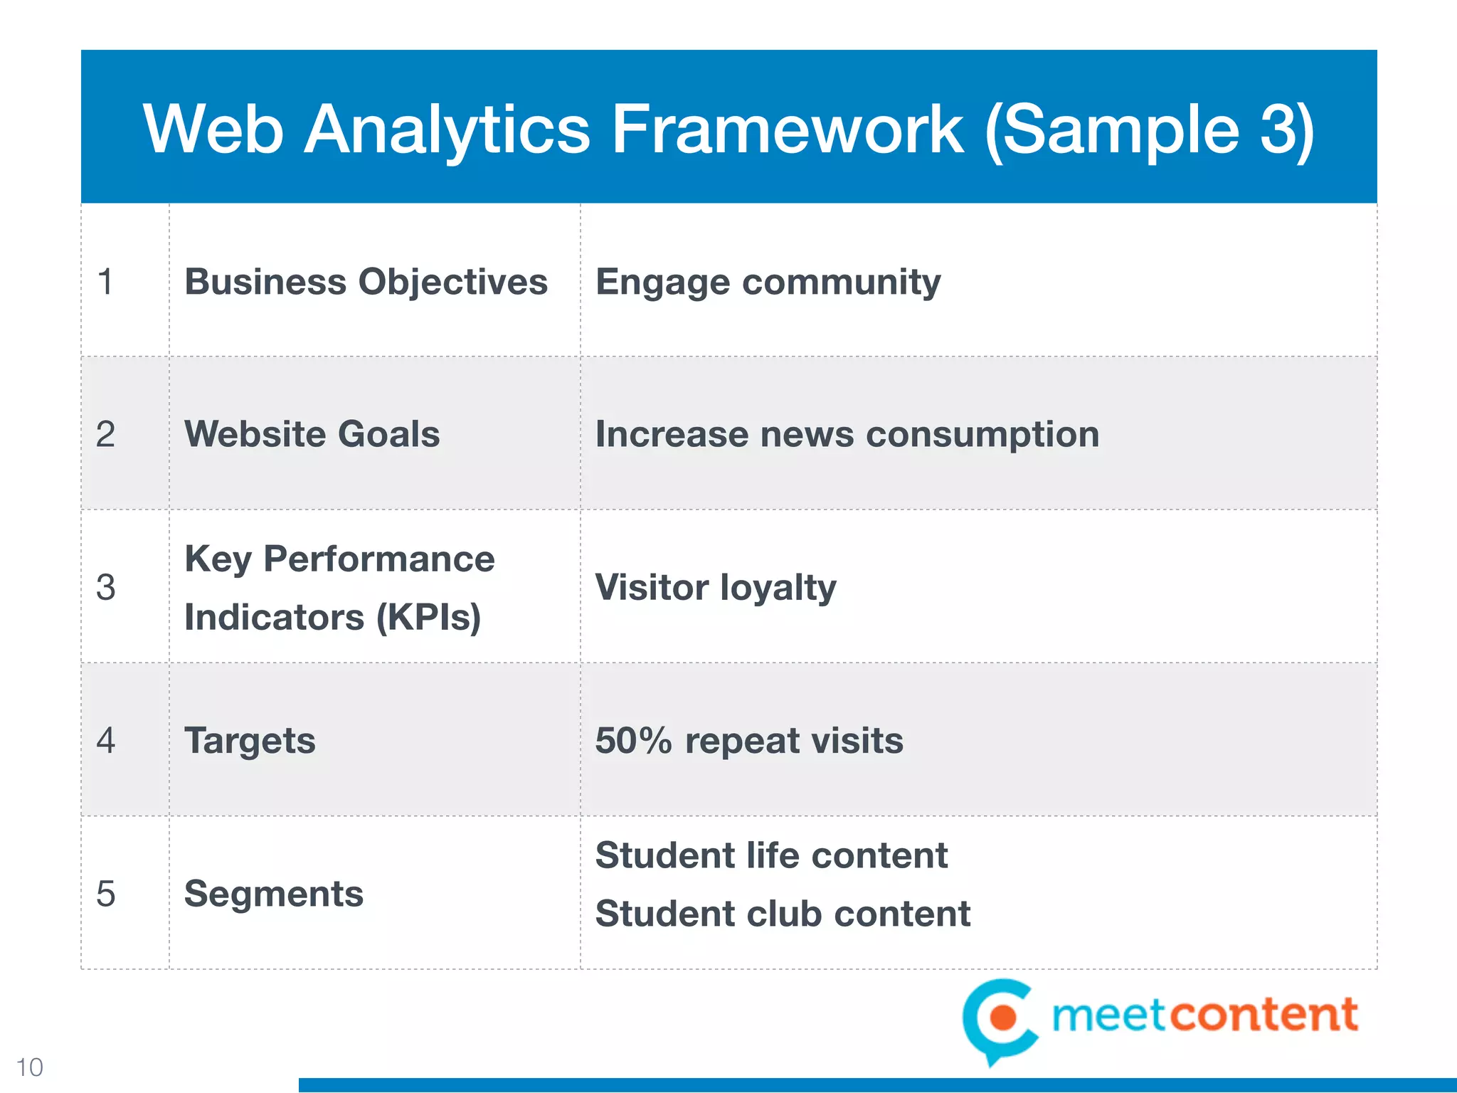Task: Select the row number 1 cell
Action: tap(105, 282)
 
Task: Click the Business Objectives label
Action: tap(366, 282)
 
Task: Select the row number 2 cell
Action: tap(105, 434)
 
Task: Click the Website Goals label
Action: tap(312, 434)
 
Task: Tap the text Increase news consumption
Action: tap(847, 434)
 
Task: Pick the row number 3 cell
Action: tap(105, 588)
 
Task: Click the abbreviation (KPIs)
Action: tap(428, 617)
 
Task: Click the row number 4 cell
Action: tap(105, 741)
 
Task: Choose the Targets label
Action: tap(250, 741)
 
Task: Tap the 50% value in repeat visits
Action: tap(632, 741)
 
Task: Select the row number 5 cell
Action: tap(105, 894)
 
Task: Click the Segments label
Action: tap(273, 894)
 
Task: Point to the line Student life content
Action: tap(771, 855)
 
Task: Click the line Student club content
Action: tap(783, 914)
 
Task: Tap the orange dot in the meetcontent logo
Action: tap(1004, 1017)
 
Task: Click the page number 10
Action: tap(29, 1067)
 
